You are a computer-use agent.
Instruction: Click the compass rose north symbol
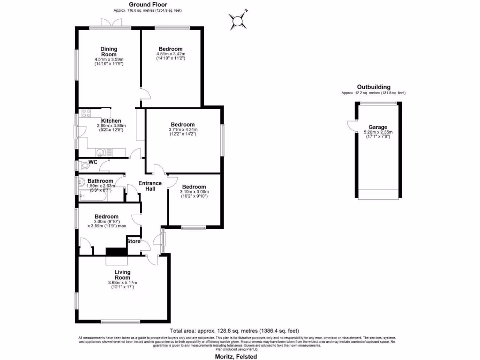(238, 20)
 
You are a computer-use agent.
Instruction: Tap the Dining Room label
(109, 52)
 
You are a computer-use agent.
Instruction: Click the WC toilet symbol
(84, 165)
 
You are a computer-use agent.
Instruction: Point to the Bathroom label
(100, 181)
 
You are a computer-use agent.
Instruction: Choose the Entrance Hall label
(150, 186)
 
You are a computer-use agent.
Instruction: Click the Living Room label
(122, 275)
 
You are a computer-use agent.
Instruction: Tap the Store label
(134, 242)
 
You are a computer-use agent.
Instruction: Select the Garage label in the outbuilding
(377, 127)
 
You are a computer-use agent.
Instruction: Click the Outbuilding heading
(374, 87)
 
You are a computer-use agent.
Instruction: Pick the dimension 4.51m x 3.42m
(170, 54)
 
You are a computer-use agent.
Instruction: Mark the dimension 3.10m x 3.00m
(194, 191)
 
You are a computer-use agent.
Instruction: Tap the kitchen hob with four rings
(86, 113)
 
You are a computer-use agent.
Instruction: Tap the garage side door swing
(351, 124)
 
